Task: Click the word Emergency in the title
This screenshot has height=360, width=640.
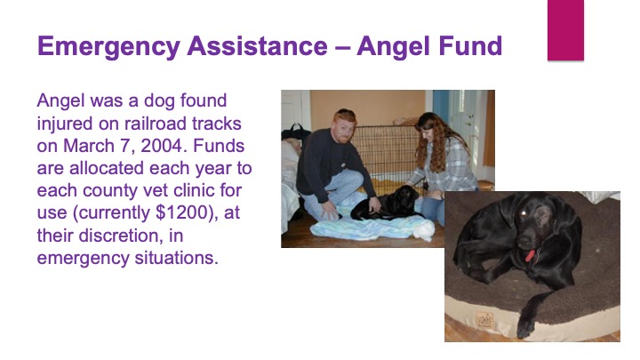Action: pyautogui.click(x=108, y=47)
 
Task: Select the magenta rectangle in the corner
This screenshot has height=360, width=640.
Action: pyautogui.click(x=565, y=30)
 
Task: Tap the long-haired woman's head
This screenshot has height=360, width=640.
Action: pyautogui.click(x=427, y=125)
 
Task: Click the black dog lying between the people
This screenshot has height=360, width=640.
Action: pyautogui.click(x=388, y=204)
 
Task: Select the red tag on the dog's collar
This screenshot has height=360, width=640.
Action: pyautogui.click(x=530, y=256)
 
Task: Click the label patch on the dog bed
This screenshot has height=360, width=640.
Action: pyautogui.click(x=485, y=320)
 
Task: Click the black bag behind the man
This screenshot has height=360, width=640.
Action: pyautogui.click(x=295, y=132)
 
